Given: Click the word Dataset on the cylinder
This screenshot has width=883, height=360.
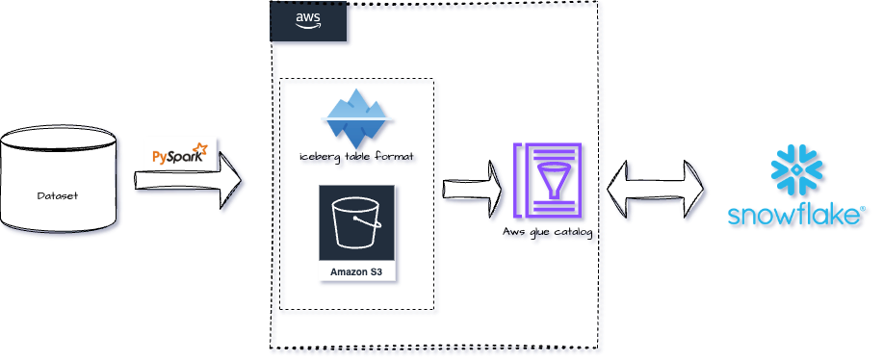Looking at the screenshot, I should coord(58,195).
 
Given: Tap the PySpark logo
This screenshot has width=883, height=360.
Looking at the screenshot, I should coord(180,153).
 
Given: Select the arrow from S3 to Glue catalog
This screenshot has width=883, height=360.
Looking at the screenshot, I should coord(476,184).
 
